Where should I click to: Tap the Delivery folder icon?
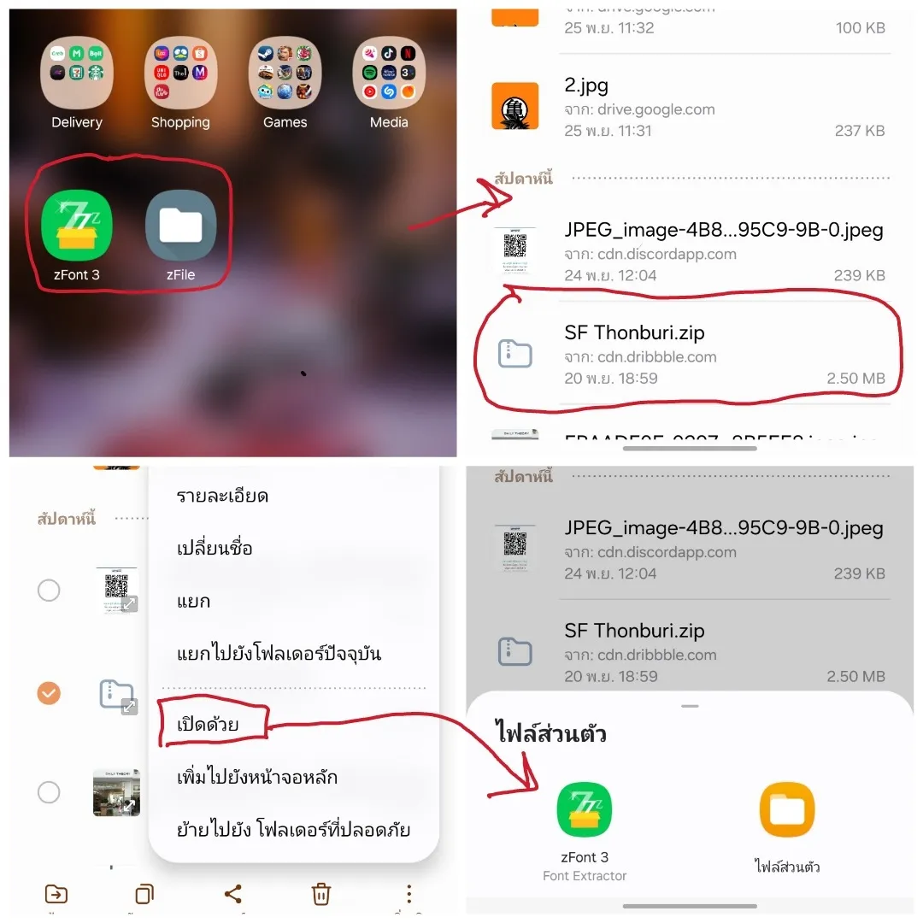[x=77, y=73]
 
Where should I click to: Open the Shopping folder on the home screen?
[x=180, y=73]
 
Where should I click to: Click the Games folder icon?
[x=285, y=73]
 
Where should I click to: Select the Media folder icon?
[x=389, y=73]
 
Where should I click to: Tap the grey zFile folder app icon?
[x=180, y=225]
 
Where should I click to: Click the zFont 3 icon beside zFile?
[x=77, y=225]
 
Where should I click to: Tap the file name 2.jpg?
[x=586, y=85]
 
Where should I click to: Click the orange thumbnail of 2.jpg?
[x=515, y=106]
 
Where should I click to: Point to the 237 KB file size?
[x=860, y=131]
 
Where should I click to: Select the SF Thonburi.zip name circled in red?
[x=634, y=333]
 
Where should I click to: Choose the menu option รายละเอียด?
[x=222, y=496]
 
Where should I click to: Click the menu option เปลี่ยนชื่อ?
[x=215, y=549]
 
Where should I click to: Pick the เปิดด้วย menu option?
[x=208, y=725]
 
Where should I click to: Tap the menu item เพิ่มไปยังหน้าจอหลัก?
[x=256, y=777]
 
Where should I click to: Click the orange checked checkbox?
[x=50, y=692]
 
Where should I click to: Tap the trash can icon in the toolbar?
[x=321, y=894]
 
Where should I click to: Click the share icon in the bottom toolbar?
[x=232, y=894]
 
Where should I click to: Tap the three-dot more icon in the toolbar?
[x=409, y=894]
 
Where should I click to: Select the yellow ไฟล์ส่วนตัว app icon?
[x=787, y=810]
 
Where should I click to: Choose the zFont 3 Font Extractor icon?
[x=585, y=810]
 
